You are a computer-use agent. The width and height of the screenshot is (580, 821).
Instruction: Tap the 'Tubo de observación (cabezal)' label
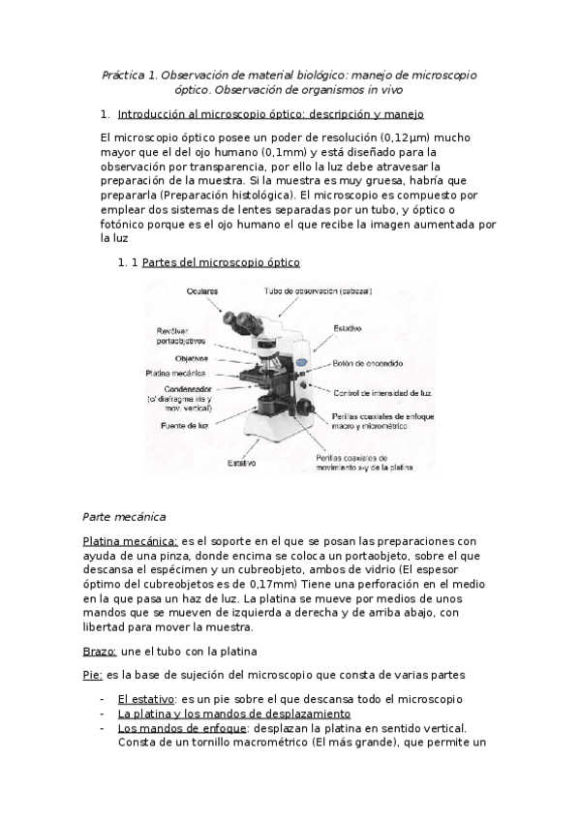pos(318,290)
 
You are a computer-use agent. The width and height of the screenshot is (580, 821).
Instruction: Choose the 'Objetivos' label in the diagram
pos(191,358)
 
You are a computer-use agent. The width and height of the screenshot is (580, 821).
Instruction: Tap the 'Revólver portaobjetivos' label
pos(180,334)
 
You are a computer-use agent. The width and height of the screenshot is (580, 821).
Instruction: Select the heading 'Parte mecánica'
pos(125,515)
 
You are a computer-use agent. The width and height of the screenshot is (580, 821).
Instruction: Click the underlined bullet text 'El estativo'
pos(146,698)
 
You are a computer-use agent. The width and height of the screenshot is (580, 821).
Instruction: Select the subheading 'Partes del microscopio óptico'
pos(221,262)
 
